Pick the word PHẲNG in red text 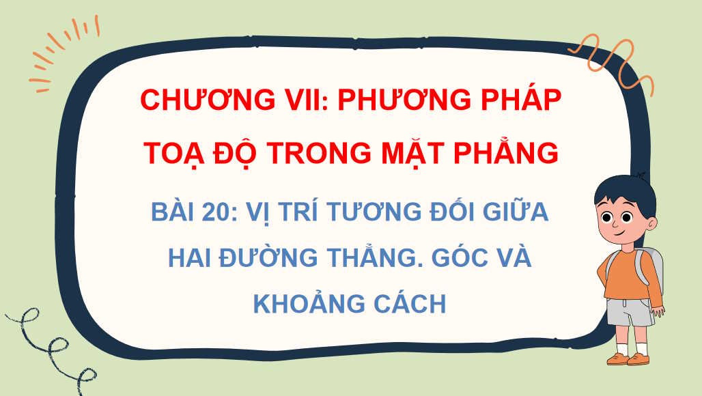pyautogui.click(x=505, y=153)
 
